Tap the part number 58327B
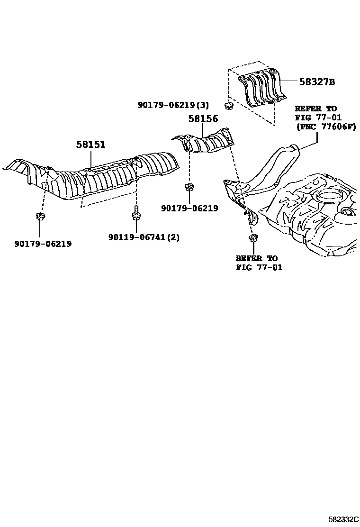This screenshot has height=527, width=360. coord(317,82)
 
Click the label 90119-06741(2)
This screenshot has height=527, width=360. coord(144,237)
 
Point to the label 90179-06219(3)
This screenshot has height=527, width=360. coord(173,105)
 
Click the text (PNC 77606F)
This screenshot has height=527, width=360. coord(325,127)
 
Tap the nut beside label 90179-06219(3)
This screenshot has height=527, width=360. coord(227,105)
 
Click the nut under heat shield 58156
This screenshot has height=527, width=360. coord(189,187)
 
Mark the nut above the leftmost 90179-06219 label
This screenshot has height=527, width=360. coord(39,218)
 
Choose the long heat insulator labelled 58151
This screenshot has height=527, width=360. coord(99,175)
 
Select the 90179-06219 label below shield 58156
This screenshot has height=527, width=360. coord(189,208)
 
